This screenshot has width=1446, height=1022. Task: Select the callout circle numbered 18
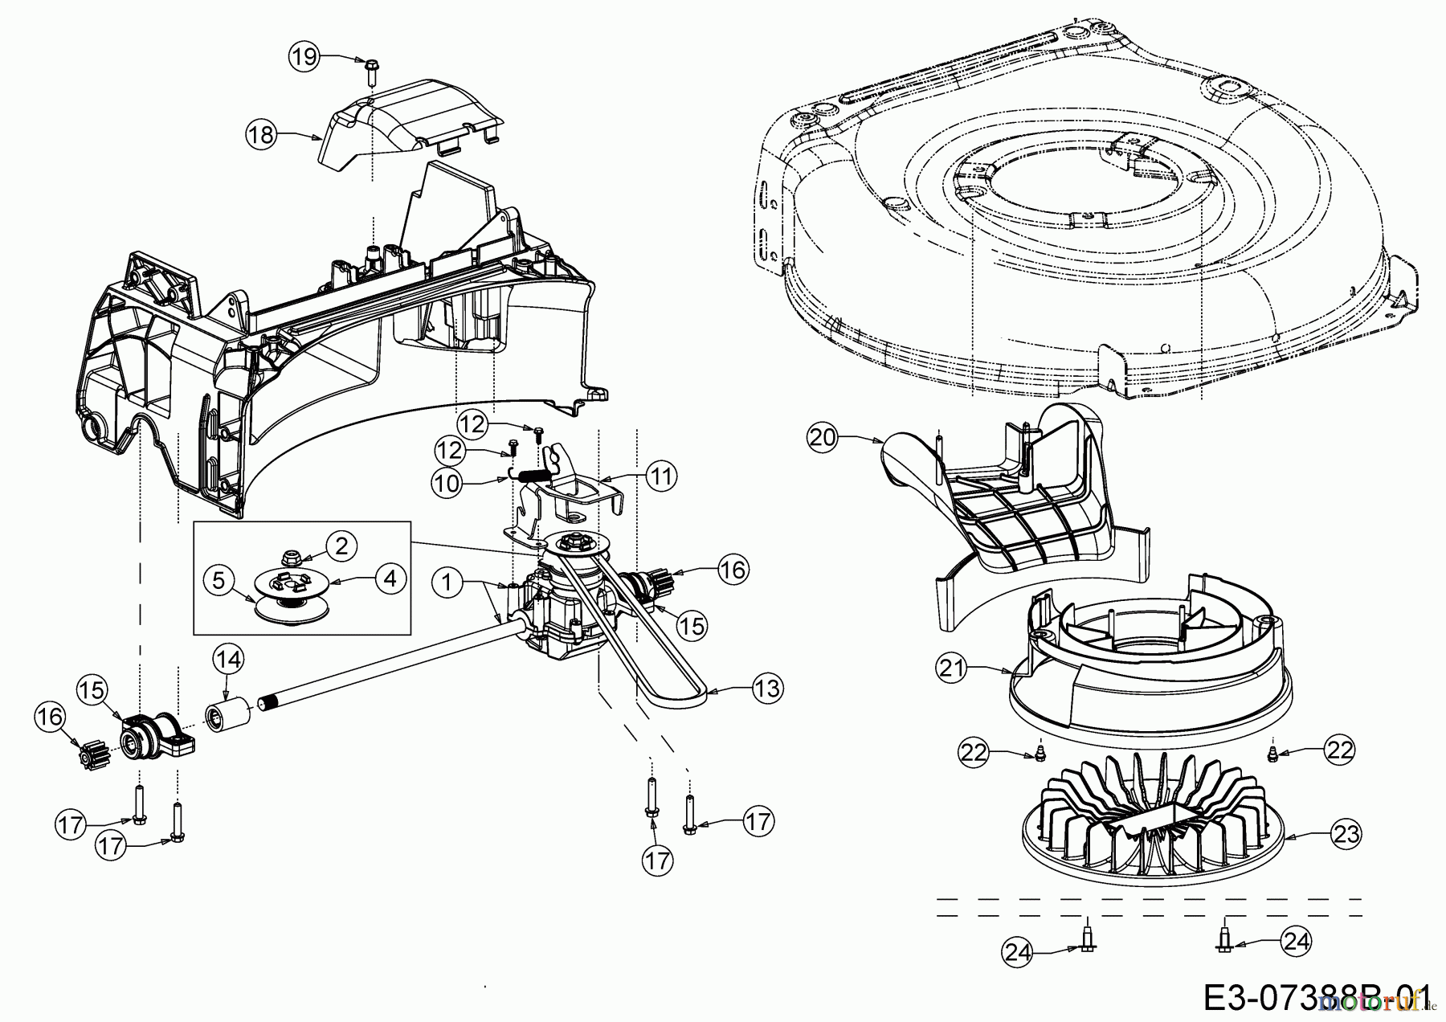(x=261, y=134)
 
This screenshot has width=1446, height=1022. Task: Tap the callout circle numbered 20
(x=823, y=438)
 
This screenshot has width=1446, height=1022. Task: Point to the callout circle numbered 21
(x=952, y=668)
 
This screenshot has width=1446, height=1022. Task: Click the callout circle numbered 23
(x=1346, y=835)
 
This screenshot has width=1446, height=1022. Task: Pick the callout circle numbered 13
(x=768, y=689)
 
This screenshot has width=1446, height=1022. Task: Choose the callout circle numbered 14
(x=228, y=660)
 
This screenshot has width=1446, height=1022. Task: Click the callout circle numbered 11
(x=662, y=476)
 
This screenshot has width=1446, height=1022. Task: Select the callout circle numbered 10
(x=447, y=483)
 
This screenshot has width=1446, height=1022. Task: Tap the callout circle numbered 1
(x=447, y=583)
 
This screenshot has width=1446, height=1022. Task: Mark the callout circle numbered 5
(x=219, y=578)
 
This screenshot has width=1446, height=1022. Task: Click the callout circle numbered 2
(x=342, y=546)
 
